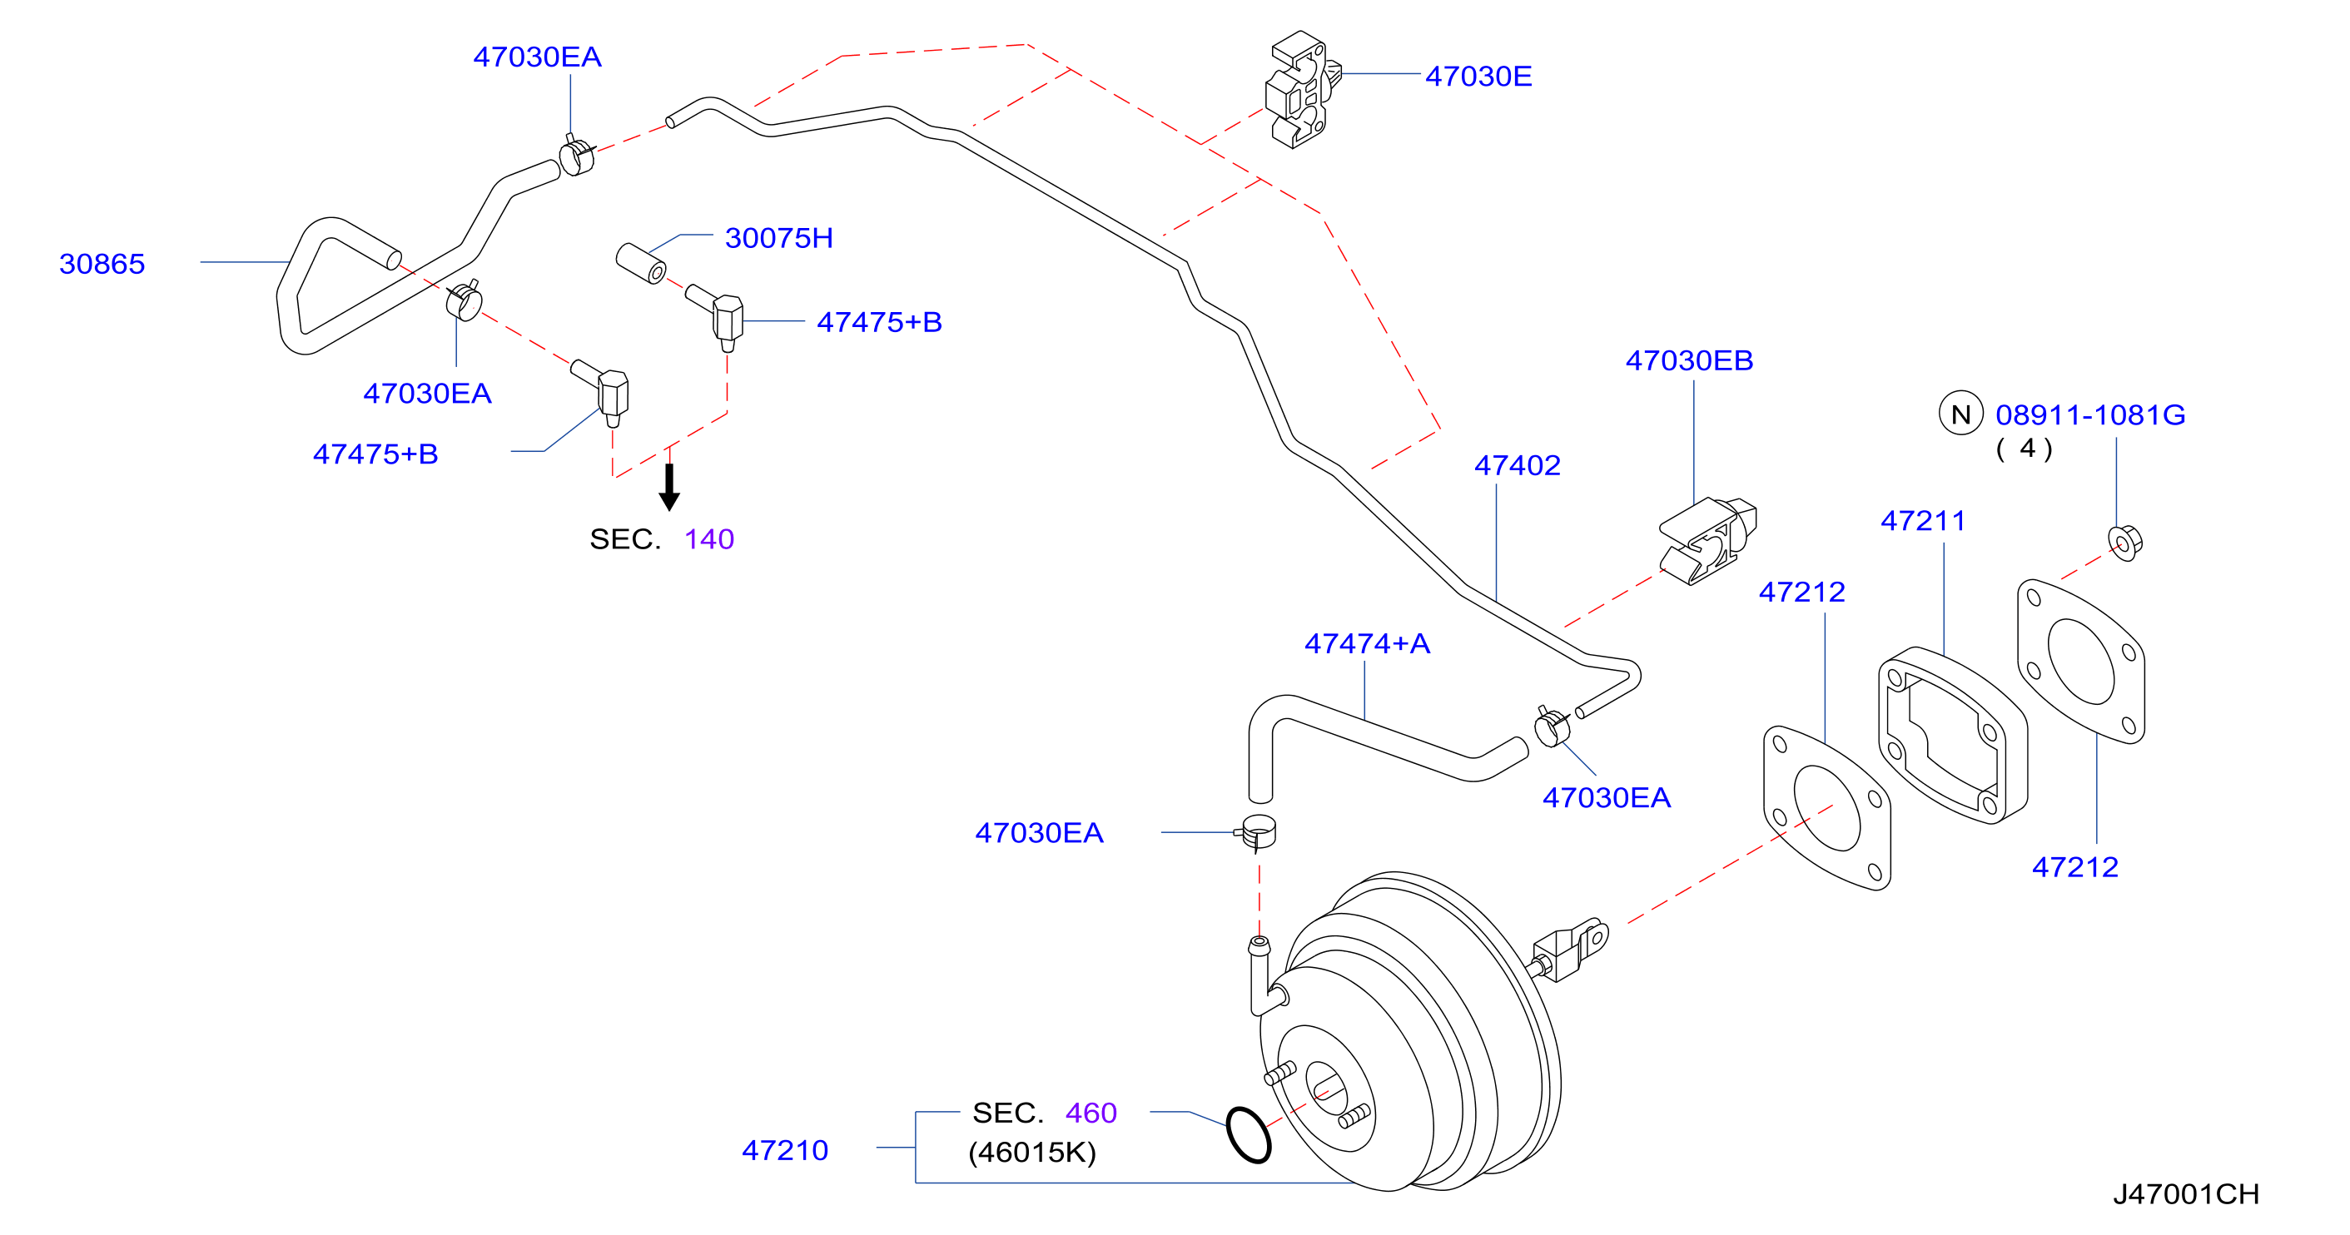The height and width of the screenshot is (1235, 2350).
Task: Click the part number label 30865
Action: pos(102,264)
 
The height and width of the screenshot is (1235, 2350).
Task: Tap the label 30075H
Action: pos(779,238)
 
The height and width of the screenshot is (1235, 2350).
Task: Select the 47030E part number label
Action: pos(1478,76)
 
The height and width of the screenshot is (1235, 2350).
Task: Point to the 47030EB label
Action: pos(1690,360)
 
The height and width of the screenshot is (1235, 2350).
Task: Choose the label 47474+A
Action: pos(1368,643)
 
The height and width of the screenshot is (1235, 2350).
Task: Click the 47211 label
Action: pos(1923,521)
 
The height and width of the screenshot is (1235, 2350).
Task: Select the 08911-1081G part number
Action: pos(2091,415)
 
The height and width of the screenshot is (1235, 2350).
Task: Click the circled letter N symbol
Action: pos(1961,414)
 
